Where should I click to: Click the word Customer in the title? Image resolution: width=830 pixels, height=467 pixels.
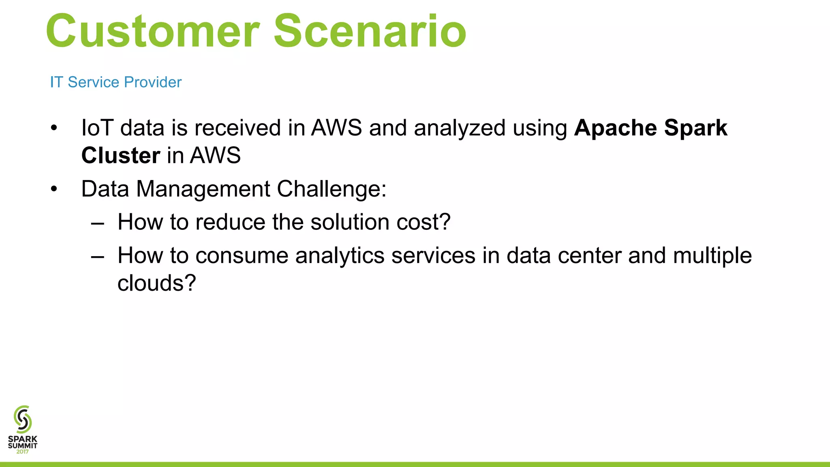[152, 32]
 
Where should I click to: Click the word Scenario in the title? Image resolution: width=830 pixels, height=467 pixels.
[370, 32]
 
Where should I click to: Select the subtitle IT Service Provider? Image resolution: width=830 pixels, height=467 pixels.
[116, 82]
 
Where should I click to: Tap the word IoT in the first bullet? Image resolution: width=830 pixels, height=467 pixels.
[97, 128]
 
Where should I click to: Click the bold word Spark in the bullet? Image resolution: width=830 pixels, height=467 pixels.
[695, 129]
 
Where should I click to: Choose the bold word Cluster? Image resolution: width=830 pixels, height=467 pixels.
[121, 155]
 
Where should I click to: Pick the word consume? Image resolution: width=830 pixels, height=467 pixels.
[242, 256]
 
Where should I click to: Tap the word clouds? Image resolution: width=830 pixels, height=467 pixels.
[156, 283]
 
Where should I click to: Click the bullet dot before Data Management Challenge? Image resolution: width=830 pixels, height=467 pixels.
[54, 189]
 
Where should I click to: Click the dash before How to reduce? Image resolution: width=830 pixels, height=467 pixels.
[98, 223]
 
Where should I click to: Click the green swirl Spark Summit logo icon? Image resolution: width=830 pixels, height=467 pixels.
[23, 419]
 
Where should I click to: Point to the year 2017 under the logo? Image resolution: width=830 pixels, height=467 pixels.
[23, 452]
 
